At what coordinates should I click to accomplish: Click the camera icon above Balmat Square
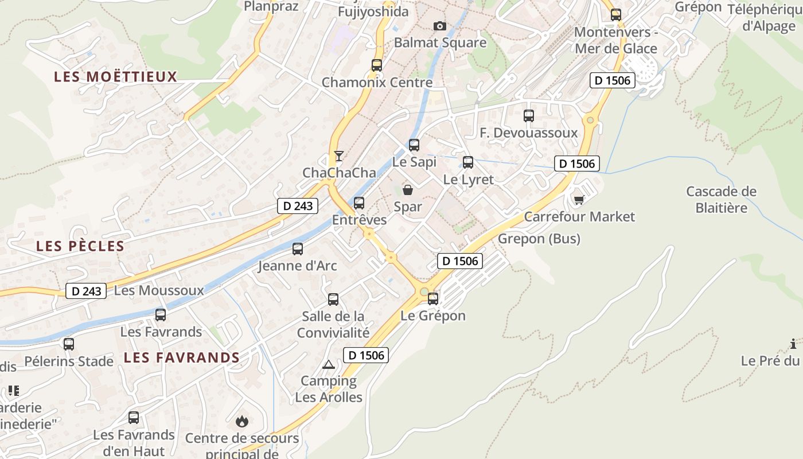tap(440, 26)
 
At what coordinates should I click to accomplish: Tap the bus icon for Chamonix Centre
tap(377, 65)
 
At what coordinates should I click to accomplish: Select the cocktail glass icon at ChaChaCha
tap(339, 155)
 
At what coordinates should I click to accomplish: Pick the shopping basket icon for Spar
tap(408, 189)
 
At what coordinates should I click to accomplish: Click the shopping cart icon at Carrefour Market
tap(579, 200)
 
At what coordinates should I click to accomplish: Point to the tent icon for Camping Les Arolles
tap(328, 364)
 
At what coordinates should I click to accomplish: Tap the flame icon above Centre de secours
tap(242, 422)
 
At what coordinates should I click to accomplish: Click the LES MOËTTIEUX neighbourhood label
tap(116, 77)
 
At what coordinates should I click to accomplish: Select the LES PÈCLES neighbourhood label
tap(80, 246)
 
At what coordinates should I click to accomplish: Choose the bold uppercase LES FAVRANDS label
tap(182, 357)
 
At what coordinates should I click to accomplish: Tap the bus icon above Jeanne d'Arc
tap(298, 249)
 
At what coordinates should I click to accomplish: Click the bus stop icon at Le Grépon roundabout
tap(433, 298)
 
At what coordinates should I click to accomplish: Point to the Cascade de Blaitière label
tap(722, 199)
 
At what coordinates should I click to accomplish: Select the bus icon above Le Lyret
tap(468, 162)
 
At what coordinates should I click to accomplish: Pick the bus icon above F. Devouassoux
tap(529, 116)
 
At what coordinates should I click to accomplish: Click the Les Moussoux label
tap(159, 290)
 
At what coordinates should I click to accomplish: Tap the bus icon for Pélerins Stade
tap(69, 344)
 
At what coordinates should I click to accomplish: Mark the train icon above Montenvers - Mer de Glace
tap(616, 15)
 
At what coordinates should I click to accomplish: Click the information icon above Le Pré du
tap(793, 344)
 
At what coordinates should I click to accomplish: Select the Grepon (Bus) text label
tap(539, 239)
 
